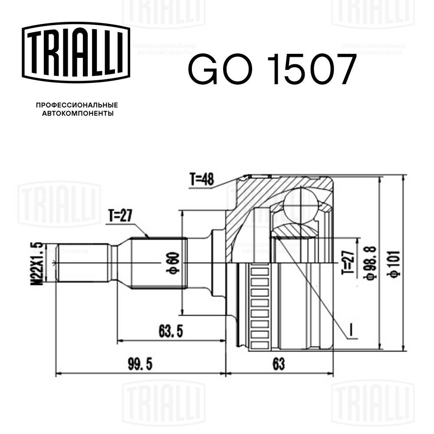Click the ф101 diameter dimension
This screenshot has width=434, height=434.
coord(395,262)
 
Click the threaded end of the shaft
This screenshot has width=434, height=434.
coord(82,263)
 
